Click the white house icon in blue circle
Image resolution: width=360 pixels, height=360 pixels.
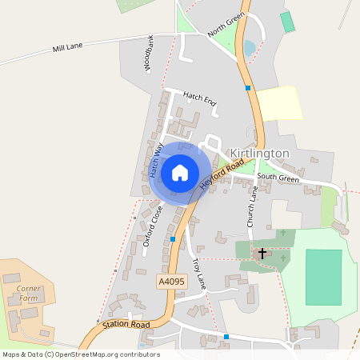point(179,173)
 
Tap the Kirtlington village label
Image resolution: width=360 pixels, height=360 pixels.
point(259,153)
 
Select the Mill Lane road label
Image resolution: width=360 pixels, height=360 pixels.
point(68,49)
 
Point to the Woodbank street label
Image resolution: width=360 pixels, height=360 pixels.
point(150,54)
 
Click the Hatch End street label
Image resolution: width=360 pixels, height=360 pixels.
point(199,99)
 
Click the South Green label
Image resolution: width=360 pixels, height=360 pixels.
point(278,178)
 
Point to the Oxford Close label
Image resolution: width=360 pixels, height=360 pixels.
point(152,230)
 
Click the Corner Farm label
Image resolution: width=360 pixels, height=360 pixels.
point(28,293)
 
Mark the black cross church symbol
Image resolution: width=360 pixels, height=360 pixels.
point(262,253)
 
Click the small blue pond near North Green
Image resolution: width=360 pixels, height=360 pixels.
point(249,48)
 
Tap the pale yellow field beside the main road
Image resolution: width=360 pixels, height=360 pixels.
point(279,103)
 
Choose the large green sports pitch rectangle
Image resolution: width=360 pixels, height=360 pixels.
point(323,276)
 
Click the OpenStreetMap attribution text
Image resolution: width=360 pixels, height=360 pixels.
point(80,354)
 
